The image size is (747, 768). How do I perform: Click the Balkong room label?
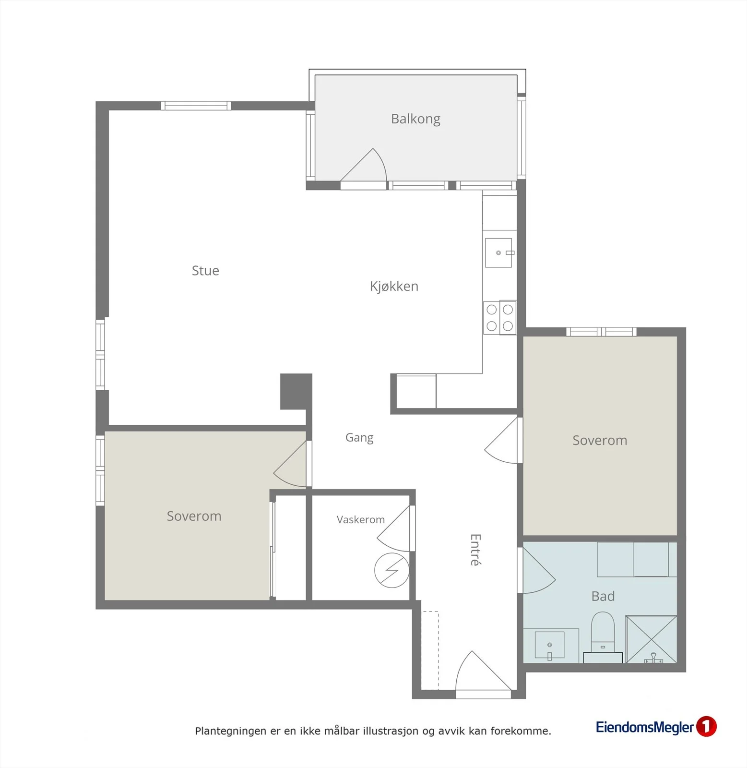[415, 119]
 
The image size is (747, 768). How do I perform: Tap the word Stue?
[205, 271]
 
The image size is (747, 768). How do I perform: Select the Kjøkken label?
[394, 287]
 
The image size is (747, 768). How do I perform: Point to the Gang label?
[359, 438]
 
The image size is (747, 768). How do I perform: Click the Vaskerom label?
[361, 519]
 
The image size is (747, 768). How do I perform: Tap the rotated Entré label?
[475, 550]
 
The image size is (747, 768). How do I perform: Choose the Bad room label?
[603, 596]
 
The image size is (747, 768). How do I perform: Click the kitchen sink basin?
[498, 252]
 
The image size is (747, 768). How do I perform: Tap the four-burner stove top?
[500, 317]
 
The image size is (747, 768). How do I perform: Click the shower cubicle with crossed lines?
[651, 639]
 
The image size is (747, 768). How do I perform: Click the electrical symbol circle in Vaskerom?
[392, 570]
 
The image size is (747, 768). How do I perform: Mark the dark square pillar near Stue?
[296, 392]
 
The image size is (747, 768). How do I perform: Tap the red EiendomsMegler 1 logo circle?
[706, 726]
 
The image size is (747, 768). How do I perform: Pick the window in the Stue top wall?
[196, 106]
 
